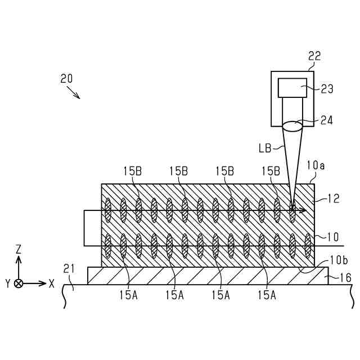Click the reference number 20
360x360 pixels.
coord(66,79)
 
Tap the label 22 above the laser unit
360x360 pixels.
coord(314,56)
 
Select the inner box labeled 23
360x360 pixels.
coord(292,88)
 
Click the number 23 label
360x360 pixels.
coord(327,89)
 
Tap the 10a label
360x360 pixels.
coord(316,166)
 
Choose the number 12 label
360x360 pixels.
coord(333,198)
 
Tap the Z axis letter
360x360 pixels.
coord(19,248)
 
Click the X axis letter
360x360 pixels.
coord(52,283)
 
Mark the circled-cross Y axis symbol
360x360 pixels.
coord(19,283)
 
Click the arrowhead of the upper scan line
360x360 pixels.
coord(303,211)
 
